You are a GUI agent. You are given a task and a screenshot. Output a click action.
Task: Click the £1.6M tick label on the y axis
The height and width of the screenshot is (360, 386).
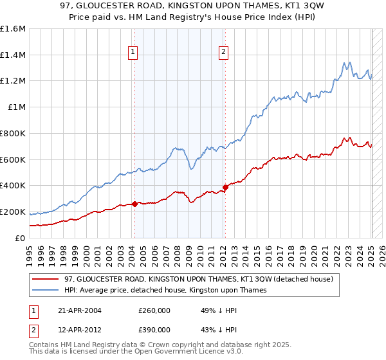pyautogui.click(x=13, y=29)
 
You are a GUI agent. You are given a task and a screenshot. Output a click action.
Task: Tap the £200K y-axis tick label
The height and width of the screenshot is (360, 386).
pyautogui.click(x=13, y=212)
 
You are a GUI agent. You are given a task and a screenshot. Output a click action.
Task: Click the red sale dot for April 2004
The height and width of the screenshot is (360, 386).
pyautogui.click(x=134, y=204)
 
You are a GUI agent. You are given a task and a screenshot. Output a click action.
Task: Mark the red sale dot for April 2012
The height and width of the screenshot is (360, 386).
pyautogui.click(x=225, y=187)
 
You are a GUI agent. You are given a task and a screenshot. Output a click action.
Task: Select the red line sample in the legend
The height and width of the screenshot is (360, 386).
pyautogui.click(x=46, y=280)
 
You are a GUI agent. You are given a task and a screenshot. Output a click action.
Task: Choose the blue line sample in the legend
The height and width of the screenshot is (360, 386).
pyautogui.click(x=46, y=291)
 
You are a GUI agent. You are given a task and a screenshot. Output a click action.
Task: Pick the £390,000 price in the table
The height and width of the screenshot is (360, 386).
pyautogui.click(x=154, y=330)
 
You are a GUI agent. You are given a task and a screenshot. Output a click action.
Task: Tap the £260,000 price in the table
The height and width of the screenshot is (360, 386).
pyautogui.click(x=154, y=310)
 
